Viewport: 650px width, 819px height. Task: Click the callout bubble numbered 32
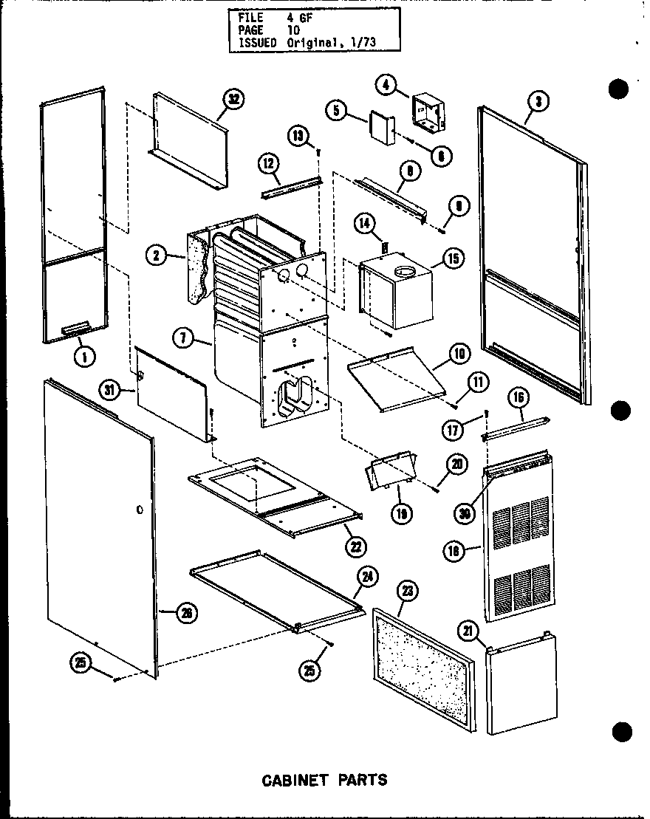tap(236, 100)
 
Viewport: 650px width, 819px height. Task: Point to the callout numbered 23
tap(405, 591)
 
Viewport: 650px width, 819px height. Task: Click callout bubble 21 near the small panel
tap(487, 630)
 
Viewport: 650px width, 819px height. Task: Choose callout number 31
tap(112, 391)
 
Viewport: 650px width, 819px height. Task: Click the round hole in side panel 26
tap(139, 510)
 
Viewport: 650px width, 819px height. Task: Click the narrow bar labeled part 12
tap(292, 188)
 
